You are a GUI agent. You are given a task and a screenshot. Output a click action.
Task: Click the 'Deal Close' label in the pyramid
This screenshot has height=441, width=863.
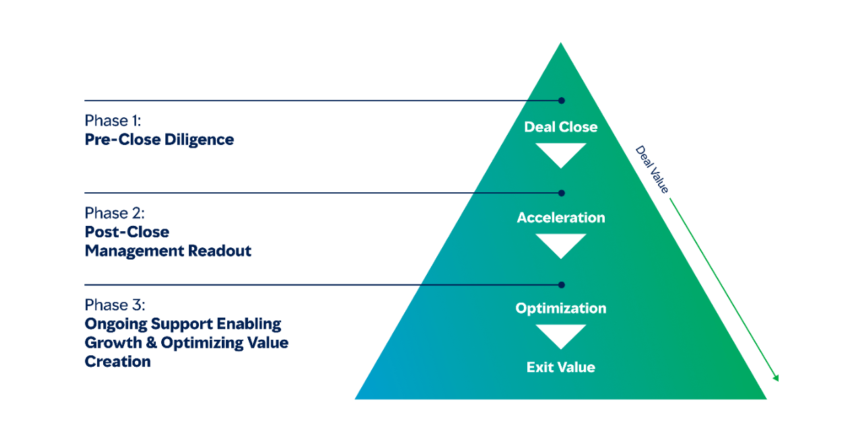pos(561,127)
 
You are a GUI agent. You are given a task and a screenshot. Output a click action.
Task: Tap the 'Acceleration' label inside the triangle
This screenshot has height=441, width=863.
pos(561,218)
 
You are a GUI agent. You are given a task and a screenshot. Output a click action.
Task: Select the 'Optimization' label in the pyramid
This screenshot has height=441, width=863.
pos(561,308)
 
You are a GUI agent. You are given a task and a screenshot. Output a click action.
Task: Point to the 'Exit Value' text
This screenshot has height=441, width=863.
pos(561,367)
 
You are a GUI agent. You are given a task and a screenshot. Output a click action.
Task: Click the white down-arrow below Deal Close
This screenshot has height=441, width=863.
pos(561,154)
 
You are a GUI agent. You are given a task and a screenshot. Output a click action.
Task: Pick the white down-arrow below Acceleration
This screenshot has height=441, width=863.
pos(561,245)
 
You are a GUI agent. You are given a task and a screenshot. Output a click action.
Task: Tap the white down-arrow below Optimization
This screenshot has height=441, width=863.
pos(561,335)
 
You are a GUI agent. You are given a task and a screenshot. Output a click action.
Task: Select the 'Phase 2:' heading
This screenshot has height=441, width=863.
pos(115,213)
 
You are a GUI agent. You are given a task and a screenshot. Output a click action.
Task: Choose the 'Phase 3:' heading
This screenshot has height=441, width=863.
pos(115,304)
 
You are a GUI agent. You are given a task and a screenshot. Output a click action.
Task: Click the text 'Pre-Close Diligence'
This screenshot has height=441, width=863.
pos(159,140)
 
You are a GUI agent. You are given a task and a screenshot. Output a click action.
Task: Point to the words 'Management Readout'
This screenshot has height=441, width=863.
pos(168,251)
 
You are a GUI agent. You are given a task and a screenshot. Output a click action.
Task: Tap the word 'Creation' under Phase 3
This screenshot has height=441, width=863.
pos(117,361)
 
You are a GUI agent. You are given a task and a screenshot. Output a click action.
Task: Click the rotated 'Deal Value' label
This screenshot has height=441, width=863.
pos(652,169)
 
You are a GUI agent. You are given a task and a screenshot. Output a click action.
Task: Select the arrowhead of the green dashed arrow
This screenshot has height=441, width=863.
pos(776,378)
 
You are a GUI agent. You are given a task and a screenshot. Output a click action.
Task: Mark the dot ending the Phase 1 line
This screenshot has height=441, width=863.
pos(562,100)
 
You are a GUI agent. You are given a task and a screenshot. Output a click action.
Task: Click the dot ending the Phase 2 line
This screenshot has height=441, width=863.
pos(562,193)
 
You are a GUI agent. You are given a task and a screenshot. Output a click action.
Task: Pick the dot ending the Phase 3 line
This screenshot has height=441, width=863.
pos(562,285)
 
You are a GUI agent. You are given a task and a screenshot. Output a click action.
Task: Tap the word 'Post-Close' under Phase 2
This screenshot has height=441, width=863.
pos(127,232)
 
